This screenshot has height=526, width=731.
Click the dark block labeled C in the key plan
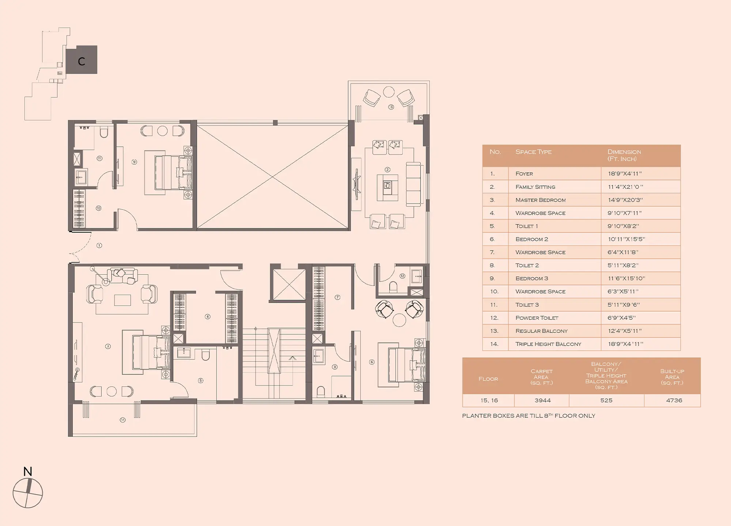coord(82,60)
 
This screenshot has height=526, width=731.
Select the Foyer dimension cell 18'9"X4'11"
coord(625,174)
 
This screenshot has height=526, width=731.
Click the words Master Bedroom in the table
coord(541,200)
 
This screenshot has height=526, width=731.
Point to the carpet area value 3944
coord(542,401)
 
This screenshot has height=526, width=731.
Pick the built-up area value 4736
coord(674,401)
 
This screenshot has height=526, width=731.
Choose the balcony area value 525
coord(606,401)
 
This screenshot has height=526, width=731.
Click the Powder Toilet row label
coord(537,318)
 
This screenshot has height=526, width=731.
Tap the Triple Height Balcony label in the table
coord(548,344)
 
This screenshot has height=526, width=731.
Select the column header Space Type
coord(533,152)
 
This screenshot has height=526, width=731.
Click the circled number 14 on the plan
coord(122,420)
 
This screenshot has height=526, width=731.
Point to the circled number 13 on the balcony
coord(391,107)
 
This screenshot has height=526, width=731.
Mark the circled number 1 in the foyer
coord(99,245)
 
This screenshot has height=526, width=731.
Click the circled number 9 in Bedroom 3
coord(134,162)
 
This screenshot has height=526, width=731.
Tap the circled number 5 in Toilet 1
coord(201,380)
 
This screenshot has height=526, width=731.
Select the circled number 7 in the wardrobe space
coord(337,297)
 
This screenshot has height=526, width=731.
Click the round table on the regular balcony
coord(389,92)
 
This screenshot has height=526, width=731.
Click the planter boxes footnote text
coord(529,416)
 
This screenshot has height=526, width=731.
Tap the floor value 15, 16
coord(489,401)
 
